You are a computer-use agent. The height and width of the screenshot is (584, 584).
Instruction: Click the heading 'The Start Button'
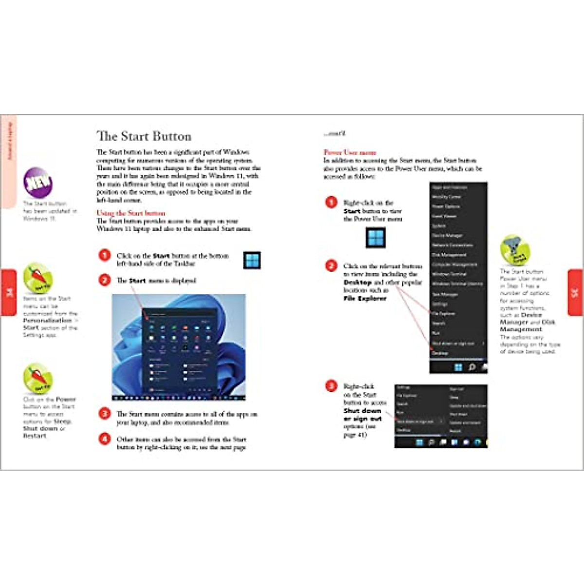144,136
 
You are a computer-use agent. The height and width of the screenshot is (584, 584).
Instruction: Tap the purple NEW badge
38,182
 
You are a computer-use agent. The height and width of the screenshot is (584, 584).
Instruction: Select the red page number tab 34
8,292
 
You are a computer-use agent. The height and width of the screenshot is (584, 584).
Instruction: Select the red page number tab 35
575,292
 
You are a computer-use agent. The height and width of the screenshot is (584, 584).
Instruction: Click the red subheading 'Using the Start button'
130,213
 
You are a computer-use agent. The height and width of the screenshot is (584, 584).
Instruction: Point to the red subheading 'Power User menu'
349,152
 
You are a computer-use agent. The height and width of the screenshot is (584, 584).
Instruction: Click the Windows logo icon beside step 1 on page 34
252,260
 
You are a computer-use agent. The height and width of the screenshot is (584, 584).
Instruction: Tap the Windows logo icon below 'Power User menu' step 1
375,237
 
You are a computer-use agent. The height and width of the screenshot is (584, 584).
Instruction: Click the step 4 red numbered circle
105,439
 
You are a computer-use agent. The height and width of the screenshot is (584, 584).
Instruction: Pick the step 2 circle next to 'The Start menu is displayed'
105,280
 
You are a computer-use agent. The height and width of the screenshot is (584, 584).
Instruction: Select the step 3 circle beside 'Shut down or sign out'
331,386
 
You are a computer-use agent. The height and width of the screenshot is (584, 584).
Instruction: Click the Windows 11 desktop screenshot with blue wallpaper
179,347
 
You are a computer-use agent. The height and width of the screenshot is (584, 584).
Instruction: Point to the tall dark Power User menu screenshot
458,278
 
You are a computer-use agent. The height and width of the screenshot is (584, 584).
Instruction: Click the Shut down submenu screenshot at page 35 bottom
440,416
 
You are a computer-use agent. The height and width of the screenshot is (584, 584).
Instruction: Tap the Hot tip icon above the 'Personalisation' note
38,278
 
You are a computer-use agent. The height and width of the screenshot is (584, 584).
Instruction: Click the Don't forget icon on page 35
515,250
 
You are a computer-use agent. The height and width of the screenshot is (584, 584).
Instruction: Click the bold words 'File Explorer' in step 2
365,298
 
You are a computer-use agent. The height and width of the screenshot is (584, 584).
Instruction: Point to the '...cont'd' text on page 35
334,133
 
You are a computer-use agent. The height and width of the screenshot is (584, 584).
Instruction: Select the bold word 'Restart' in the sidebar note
35,436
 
